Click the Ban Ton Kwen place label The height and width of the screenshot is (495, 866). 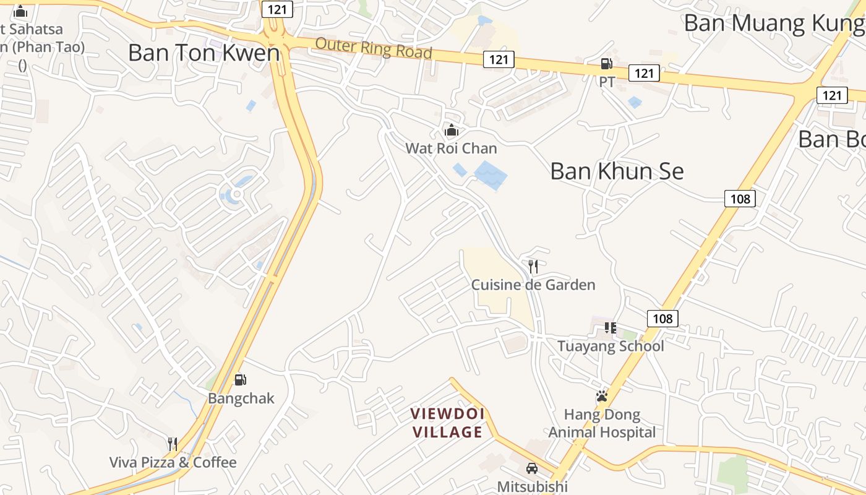(204, 53)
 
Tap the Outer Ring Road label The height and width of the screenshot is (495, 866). (373, 48)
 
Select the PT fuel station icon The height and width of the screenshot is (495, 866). (606, 64)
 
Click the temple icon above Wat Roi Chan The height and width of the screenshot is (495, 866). (452, 131)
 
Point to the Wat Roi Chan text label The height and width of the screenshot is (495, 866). (451, 148)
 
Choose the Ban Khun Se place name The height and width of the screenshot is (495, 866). (617, 171)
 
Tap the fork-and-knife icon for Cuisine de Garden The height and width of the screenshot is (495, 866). (533, 267)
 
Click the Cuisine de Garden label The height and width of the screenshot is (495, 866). (533, 285)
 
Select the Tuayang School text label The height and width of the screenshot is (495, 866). (611, 346)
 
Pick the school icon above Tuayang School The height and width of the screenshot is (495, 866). (611, 328)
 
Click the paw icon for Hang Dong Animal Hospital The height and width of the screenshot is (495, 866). (602, 396)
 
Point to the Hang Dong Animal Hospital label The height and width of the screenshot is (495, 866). (602, 423)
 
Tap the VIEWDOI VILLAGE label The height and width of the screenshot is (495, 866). (448, 423)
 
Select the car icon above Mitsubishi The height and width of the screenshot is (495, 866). (532, 468)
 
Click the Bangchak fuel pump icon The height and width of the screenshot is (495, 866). (240, 380)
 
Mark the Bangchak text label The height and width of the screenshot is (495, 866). (241, 398)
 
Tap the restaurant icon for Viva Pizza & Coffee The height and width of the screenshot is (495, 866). (173, 444)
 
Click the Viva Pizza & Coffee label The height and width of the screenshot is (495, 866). (173, 462)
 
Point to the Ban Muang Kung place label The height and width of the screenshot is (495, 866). (773, 24)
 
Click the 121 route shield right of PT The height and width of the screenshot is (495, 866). (644, 73)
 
